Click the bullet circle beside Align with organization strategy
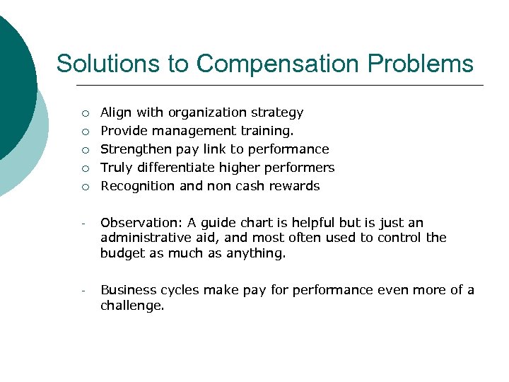tap(85, 113)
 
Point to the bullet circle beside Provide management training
tap(85, 132)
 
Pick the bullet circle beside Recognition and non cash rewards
tap(85, 187)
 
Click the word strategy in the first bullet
tap(279, 112)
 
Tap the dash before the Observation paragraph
tap(83, 224)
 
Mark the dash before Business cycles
tap(83, 291)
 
